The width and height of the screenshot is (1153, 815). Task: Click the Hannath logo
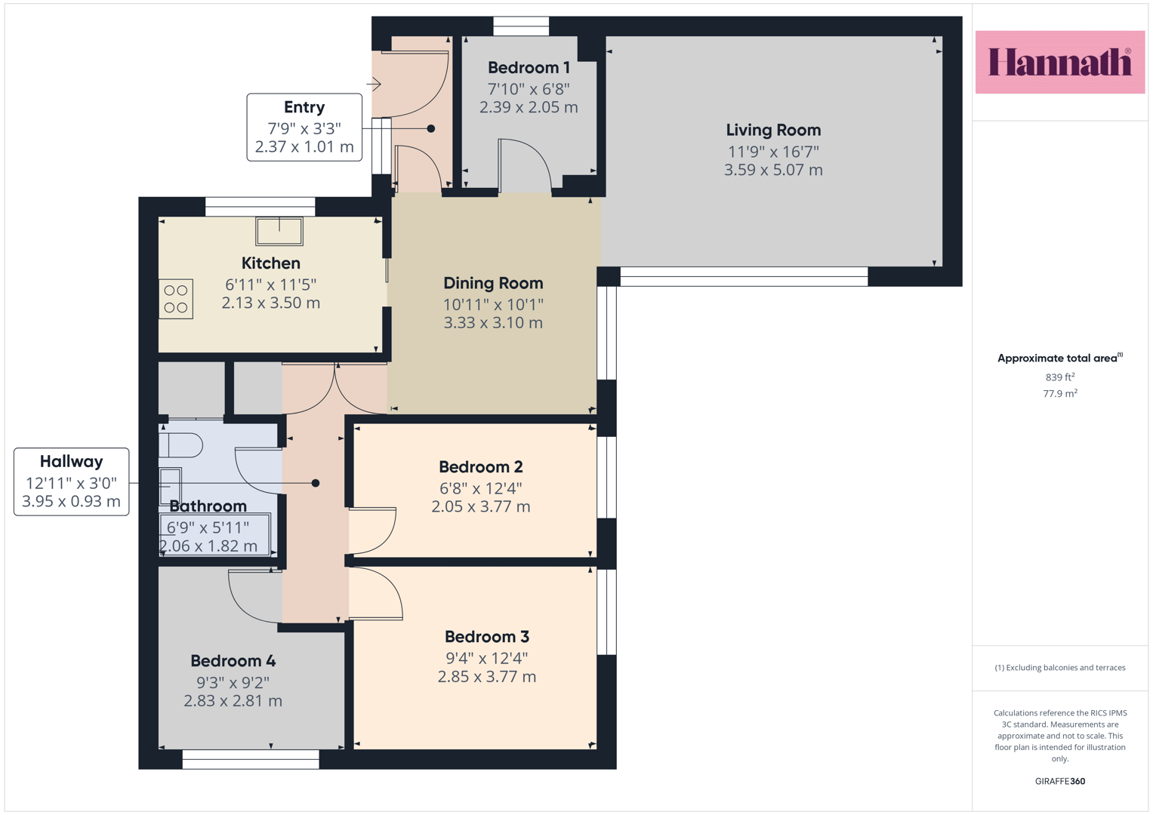pyautogui.click(x=1060, y=62)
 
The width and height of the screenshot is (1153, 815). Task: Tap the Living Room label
pyautogui.click(x=773, y=130)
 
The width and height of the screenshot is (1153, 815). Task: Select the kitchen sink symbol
pyautogui.click(x=279, y=231)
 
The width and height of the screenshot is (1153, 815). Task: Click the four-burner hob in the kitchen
pyautogui.click(x=175, y=299)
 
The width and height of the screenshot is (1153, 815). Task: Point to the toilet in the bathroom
pyautogui.click(x=180, y=445)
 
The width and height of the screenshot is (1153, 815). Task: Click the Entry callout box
pyautogui.click(x=304, y=127)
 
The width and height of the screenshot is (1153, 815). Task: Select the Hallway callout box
pyautogui.click(x=72, y=481)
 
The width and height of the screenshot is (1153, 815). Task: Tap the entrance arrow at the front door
pyautogui.click(x=374, y=84)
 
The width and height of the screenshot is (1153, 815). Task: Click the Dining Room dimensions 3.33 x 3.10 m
pyautogui.click(x=493, y=323)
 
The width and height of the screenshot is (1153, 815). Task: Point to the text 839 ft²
pyautogui.click(x=1059, y=377)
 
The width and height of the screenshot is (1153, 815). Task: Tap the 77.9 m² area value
pyautogui.click(x=1060, y=393)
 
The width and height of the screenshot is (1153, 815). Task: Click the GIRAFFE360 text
pyautogui.click(x=1060, y=781)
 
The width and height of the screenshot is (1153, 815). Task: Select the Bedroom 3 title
pyautogui.click(x=487, y=637)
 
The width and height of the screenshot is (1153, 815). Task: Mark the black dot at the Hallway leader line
pyautogui.click(x=316, y=483)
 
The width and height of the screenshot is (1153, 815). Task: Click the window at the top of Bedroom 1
pyautogui.click(x=521, y=26)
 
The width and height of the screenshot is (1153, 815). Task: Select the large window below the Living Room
pyautogui.click(x=744, y=276)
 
